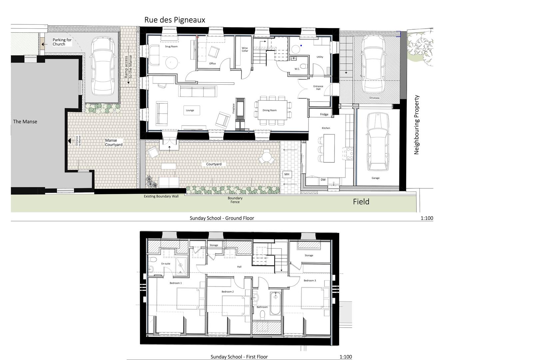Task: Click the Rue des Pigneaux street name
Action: pyautogui.click(x=175, y=20)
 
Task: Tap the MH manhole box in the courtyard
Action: pyautogui.click(x=287, y=174)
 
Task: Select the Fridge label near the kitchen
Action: pyautogui.click(x=324, y=114)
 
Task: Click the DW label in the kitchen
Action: pyautogui.click(x=323, y=180)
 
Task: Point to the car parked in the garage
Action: pyautogui.click(x=377, y=141)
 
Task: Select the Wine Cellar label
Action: pyautogui.click(x=245, y=49)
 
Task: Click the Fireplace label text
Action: pyautogui.click(x=233, y=109)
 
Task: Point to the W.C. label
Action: pyautogui.click(x=297, y=69)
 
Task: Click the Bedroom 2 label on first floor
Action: pyautogui.click(x=228, y=292)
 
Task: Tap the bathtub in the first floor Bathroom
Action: pyautogui.click(x=275, y=303)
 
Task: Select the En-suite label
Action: pyautogui.click(x=166, y=264)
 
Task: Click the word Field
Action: pyautogui.click(x=361, y=202)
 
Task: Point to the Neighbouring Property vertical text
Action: pyautogui.click(x=416, y=124)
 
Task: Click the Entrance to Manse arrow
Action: pyautogui.click(x=69, y=141)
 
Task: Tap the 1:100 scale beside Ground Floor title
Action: pyautogui.click(x=427, y=218)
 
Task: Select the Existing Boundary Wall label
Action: pyautogui.click(x=161, y=196)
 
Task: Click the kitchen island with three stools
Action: pyautogui.click(x=329, y=148)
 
